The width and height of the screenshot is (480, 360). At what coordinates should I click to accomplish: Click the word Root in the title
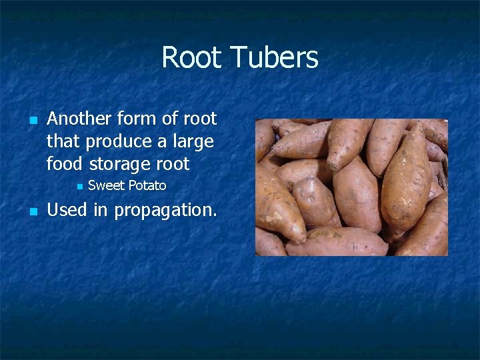click(191, 57)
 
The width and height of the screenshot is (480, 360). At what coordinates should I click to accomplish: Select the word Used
click(67, 210)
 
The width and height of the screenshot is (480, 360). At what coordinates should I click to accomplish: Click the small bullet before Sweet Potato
click(77, 186)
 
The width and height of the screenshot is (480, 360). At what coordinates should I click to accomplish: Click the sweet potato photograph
click(351, 187)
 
